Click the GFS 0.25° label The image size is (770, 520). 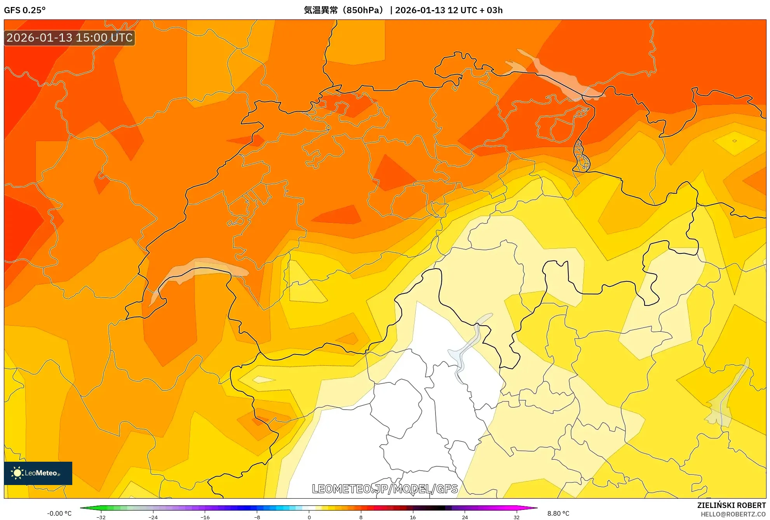(25, 10)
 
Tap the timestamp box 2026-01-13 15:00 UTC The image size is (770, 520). (70, 38)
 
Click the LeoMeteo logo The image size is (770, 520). (38, 473)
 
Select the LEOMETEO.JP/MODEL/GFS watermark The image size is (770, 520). (385, 489)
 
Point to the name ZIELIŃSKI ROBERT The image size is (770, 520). (731, 505)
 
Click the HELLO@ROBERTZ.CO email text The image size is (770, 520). (733, 514)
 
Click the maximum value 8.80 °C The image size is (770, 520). (558, 513)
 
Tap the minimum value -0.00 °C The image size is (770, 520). (59, 513)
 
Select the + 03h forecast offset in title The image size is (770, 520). (492, 10)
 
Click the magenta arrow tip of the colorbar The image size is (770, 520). (535, 508)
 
